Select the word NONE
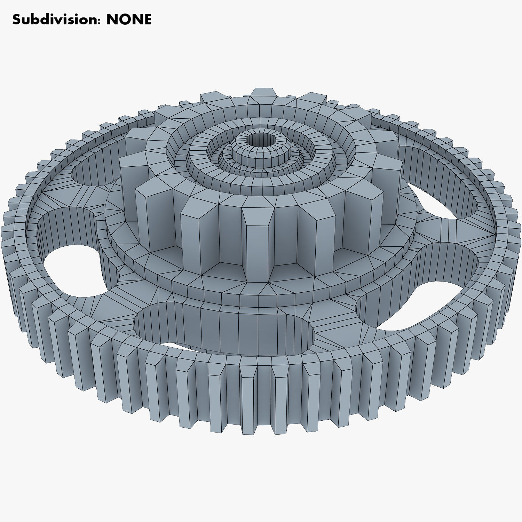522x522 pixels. [129, 19]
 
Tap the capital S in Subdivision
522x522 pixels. [16, 20]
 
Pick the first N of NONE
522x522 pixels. [113, 19]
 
